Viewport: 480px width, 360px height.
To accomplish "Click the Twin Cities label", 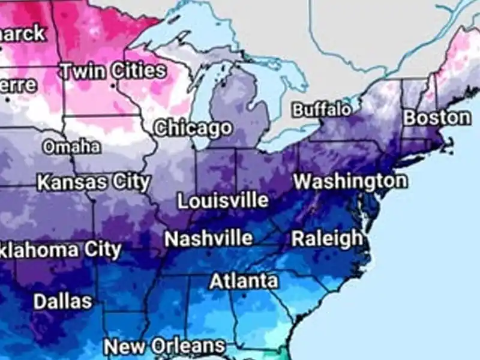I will (x=112, y=71).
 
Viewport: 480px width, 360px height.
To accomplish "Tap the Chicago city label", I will (x=193, y=128).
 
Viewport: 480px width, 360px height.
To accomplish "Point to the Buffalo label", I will (x=322, y=110).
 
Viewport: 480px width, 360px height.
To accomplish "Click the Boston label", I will (x=436, y=117).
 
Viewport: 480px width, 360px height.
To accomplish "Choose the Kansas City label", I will (x=93, y=182).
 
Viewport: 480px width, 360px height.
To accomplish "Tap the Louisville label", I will (x=223, y=200).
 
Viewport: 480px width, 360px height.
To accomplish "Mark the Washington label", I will (x=350, y=180).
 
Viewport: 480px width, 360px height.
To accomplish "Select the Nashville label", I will (x=208, y=238).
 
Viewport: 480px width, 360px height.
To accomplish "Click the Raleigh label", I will (x=327, y=238).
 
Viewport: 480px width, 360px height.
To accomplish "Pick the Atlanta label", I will (x=244, y=281).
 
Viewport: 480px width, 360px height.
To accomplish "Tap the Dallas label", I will (x=62, y=301).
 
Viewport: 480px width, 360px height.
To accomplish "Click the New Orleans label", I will (x=164, y=346).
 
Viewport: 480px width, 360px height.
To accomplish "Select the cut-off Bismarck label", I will (x=22, y=33).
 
